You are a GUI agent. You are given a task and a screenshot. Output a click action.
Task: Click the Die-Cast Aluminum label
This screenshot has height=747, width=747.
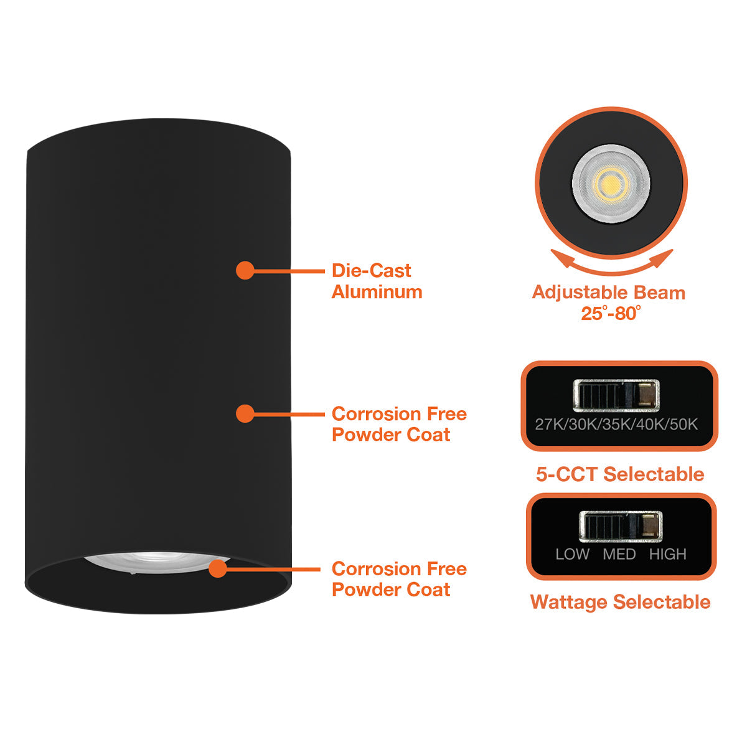click(377, 281)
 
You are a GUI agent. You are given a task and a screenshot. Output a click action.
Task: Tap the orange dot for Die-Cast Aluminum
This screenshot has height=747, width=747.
click(245, 270)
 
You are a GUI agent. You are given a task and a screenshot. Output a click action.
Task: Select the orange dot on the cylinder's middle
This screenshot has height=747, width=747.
click(245, 413)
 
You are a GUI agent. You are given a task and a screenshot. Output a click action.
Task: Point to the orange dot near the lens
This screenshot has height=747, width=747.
click(218, 568)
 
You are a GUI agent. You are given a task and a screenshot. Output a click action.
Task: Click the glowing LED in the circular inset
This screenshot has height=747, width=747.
click(611, 184)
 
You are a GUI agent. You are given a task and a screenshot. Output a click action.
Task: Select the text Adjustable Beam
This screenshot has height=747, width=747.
click(608, 293)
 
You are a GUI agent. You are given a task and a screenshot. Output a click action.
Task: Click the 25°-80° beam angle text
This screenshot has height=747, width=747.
click(611, 313)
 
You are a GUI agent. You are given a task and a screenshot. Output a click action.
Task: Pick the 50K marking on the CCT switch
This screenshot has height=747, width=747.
click(684, 425)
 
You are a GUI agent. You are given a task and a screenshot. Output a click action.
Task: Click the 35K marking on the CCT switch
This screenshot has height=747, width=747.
click(616, 425)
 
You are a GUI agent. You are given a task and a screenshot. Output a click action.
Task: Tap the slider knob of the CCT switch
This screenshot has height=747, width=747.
click(646, 395)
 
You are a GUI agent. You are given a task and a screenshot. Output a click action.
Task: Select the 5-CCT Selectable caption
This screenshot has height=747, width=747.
click(620, 474)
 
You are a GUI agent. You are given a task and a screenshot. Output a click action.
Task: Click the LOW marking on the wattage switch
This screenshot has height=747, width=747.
click(572, 554)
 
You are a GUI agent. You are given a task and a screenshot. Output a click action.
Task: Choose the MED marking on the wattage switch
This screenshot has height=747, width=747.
click(619, 554)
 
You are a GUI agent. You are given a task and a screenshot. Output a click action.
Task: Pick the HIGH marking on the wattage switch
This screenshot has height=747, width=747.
click(667, 554)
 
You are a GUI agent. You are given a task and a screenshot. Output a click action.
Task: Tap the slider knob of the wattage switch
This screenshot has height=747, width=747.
click(650, 526)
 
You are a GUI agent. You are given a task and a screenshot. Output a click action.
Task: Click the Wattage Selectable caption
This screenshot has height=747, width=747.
click(620, 602)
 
